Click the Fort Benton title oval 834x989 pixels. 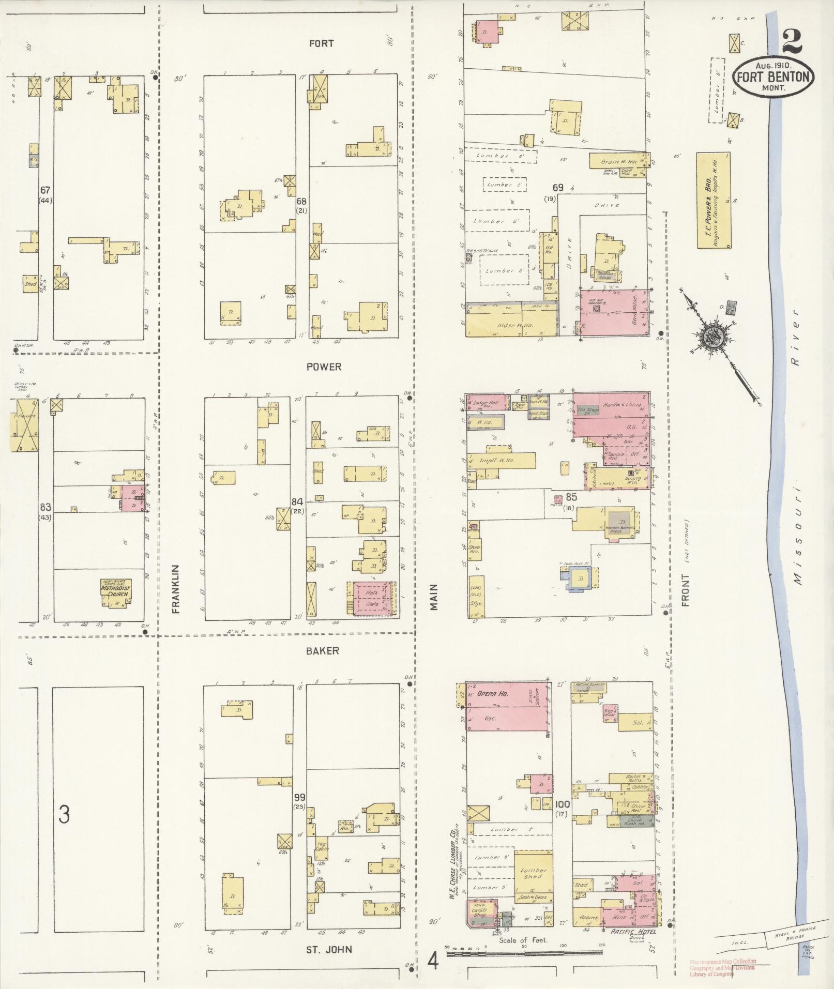774,77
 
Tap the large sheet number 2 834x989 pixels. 792,41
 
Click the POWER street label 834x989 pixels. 324,367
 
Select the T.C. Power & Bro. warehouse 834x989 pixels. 714,200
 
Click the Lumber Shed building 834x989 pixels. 533,874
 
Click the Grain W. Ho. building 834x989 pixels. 615,161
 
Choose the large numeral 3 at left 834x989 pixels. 64,814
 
